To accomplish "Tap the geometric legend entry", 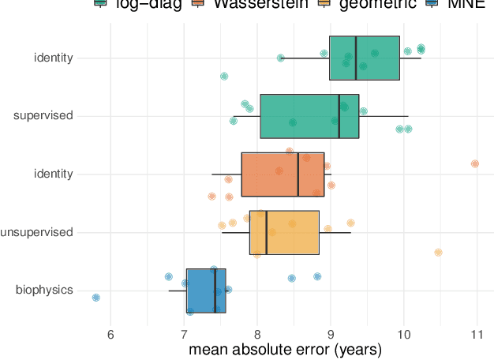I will [x=371, y=4].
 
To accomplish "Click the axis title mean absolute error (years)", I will [x=285, y=349].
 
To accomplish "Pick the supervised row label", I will [x=43, y=116].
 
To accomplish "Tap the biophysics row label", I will [x=44, y=291].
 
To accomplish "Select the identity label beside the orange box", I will [x=54, y=174].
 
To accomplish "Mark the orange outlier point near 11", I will [x=475, y=163].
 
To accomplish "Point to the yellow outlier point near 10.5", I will [x=438, y=253].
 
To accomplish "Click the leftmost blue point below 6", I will [x=96, y=298].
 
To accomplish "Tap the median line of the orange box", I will [x=298, y=174].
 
